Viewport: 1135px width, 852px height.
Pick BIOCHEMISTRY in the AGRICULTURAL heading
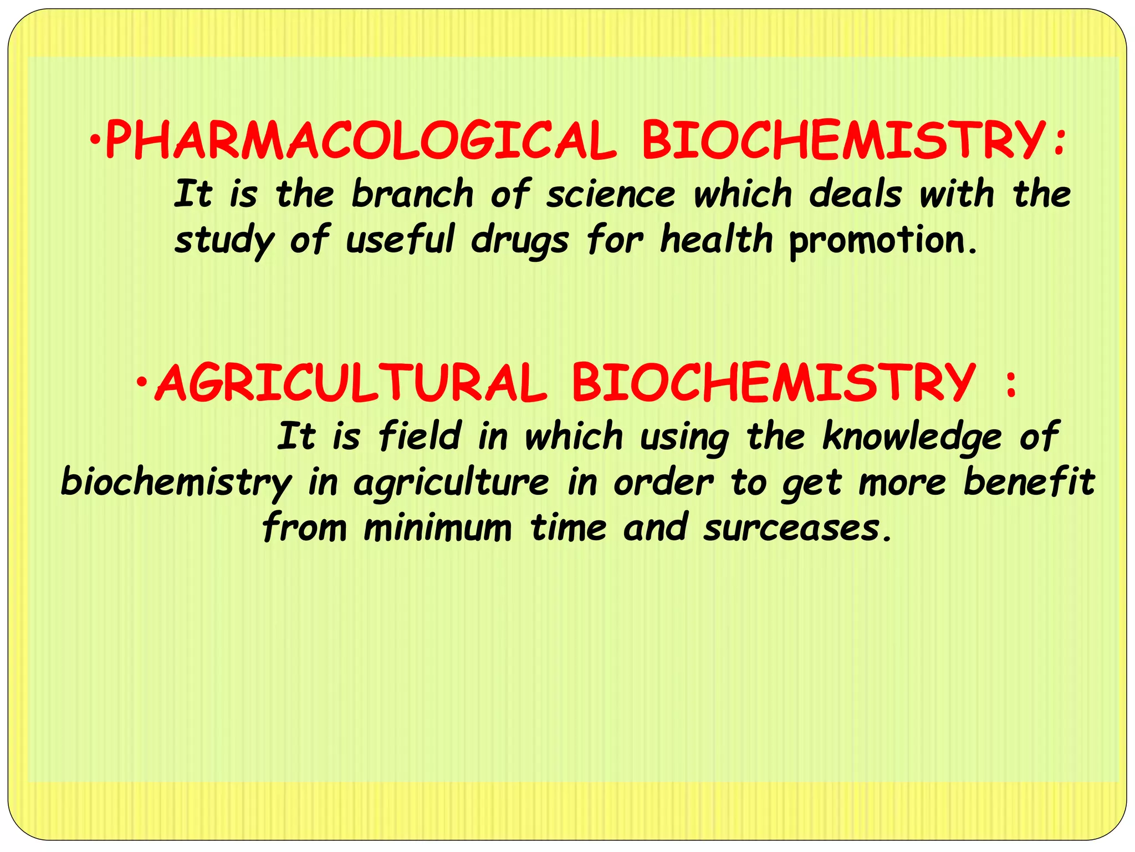click(773, 383)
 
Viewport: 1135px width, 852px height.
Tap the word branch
click(412, 194)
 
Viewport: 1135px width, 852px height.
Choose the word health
click(716, 240)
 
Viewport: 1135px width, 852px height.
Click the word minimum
click(438, 528)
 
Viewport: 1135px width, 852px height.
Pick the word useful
click(400, 240)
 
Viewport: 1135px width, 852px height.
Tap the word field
click(420, 436)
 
